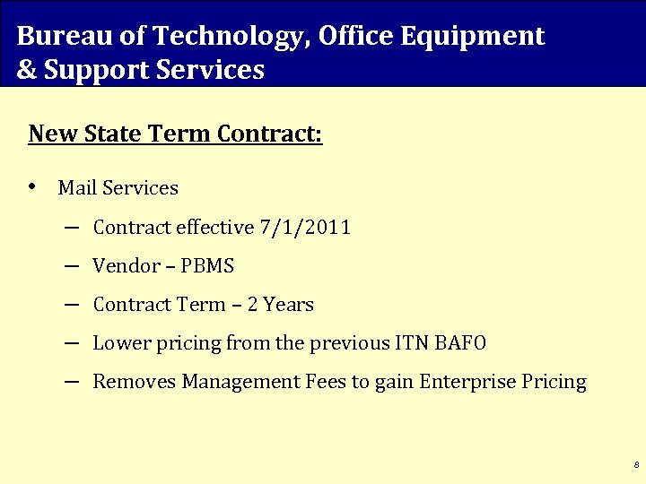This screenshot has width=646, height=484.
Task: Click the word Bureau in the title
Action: tap(53, 36)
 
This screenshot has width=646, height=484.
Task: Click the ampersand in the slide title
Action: tap(25, 70)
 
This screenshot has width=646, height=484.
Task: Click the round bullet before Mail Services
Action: tap(33, 187)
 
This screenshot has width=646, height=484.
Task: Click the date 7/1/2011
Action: tap(304, 228)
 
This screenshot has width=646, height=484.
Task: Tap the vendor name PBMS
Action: tap(207, 266)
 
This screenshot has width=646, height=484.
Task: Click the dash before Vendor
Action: tap(72, 266)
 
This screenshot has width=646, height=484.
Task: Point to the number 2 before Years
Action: tap(253, 305)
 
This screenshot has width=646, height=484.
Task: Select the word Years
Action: tap(288, 305)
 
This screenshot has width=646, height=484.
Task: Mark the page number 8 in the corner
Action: tap(635, 466)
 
